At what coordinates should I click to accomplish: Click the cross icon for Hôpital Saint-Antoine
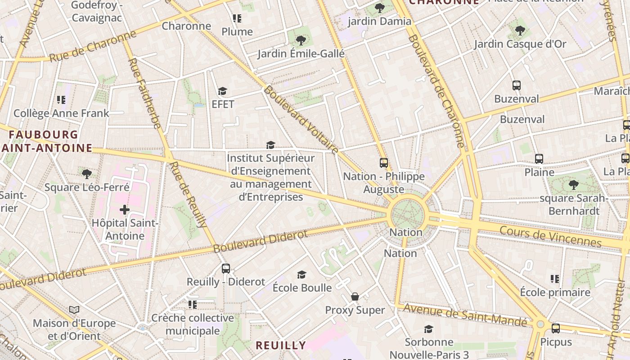pos(125,210)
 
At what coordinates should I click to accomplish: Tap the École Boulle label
pos(302,288)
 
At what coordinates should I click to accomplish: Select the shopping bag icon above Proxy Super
pos(355,297)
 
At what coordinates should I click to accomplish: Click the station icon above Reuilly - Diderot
pos(226,269)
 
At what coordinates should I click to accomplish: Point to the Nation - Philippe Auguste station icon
pos(384,163)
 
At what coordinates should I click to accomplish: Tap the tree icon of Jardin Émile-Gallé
pos(301,40)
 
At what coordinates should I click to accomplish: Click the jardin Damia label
pos(379,21)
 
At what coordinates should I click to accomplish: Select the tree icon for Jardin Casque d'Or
pos(520,31)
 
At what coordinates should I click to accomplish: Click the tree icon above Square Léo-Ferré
pos(87,174)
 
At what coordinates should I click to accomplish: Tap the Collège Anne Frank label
pos(61,113)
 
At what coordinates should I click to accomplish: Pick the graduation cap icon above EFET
pos(223,91)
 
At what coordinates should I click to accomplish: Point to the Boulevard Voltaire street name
pos(301,119)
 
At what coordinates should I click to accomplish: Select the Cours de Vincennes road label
pos(550,237)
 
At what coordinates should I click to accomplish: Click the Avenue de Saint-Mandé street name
pos(465,315)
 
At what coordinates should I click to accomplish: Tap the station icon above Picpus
pos(556,328)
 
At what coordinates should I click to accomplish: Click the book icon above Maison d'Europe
pos(74,310)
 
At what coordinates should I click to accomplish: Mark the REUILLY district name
pos(281,346)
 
